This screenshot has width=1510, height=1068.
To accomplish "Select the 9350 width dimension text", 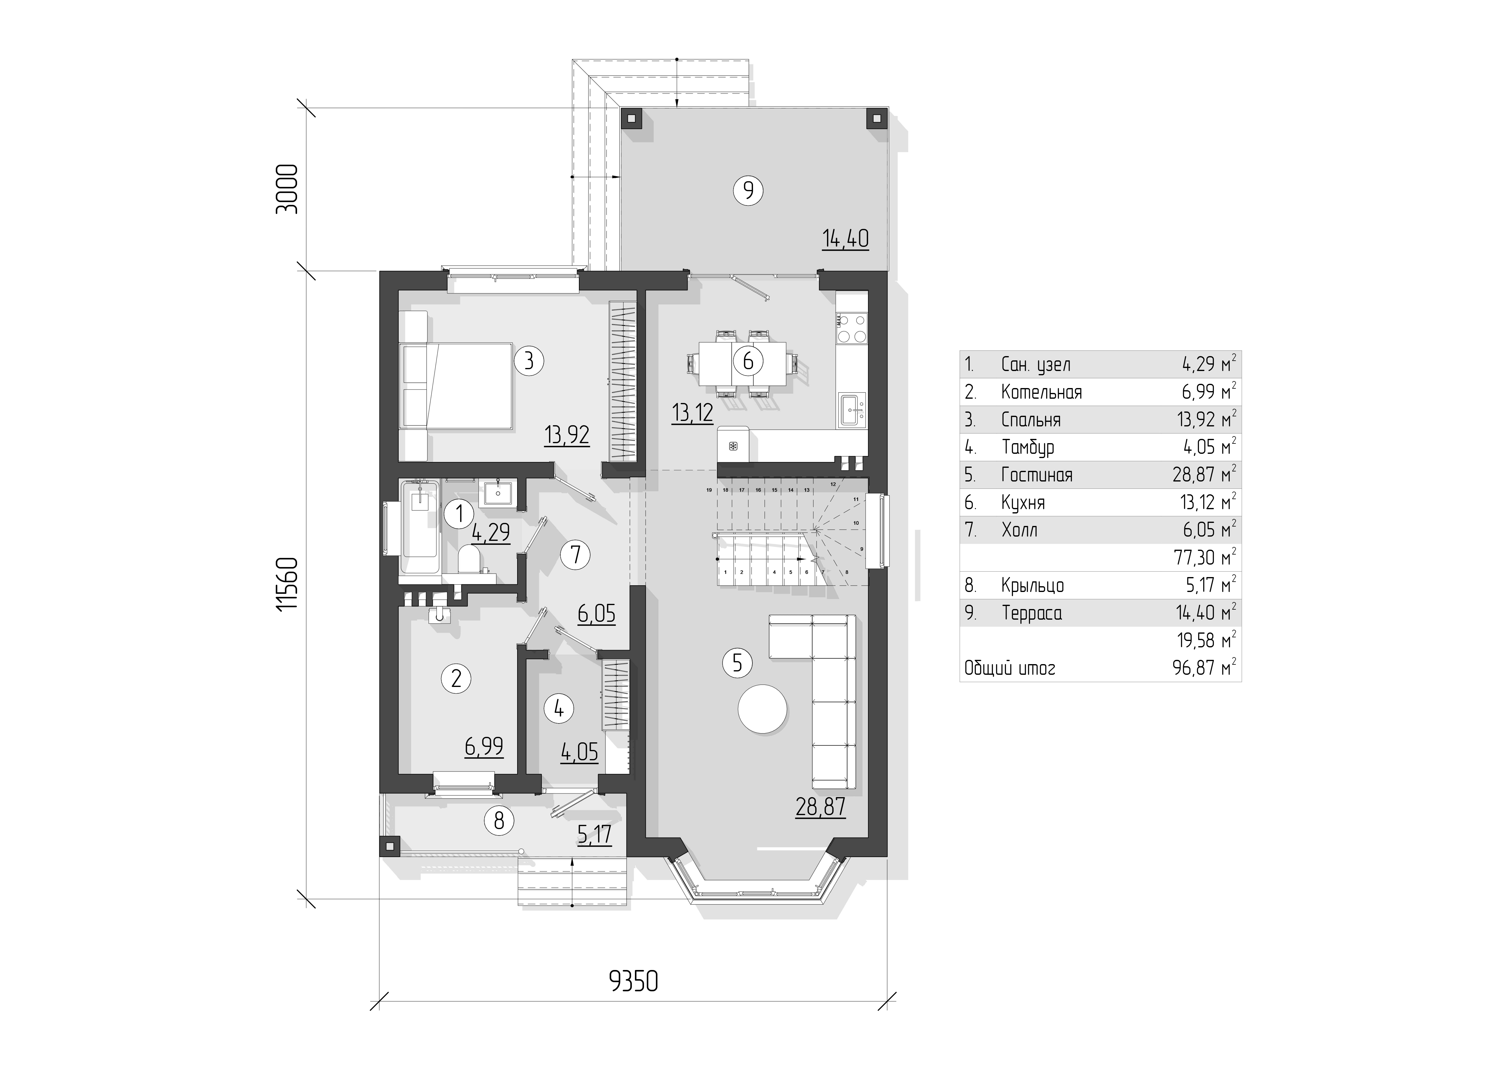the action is click(633, 982).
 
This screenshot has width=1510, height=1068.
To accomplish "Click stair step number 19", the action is click(709, 490).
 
